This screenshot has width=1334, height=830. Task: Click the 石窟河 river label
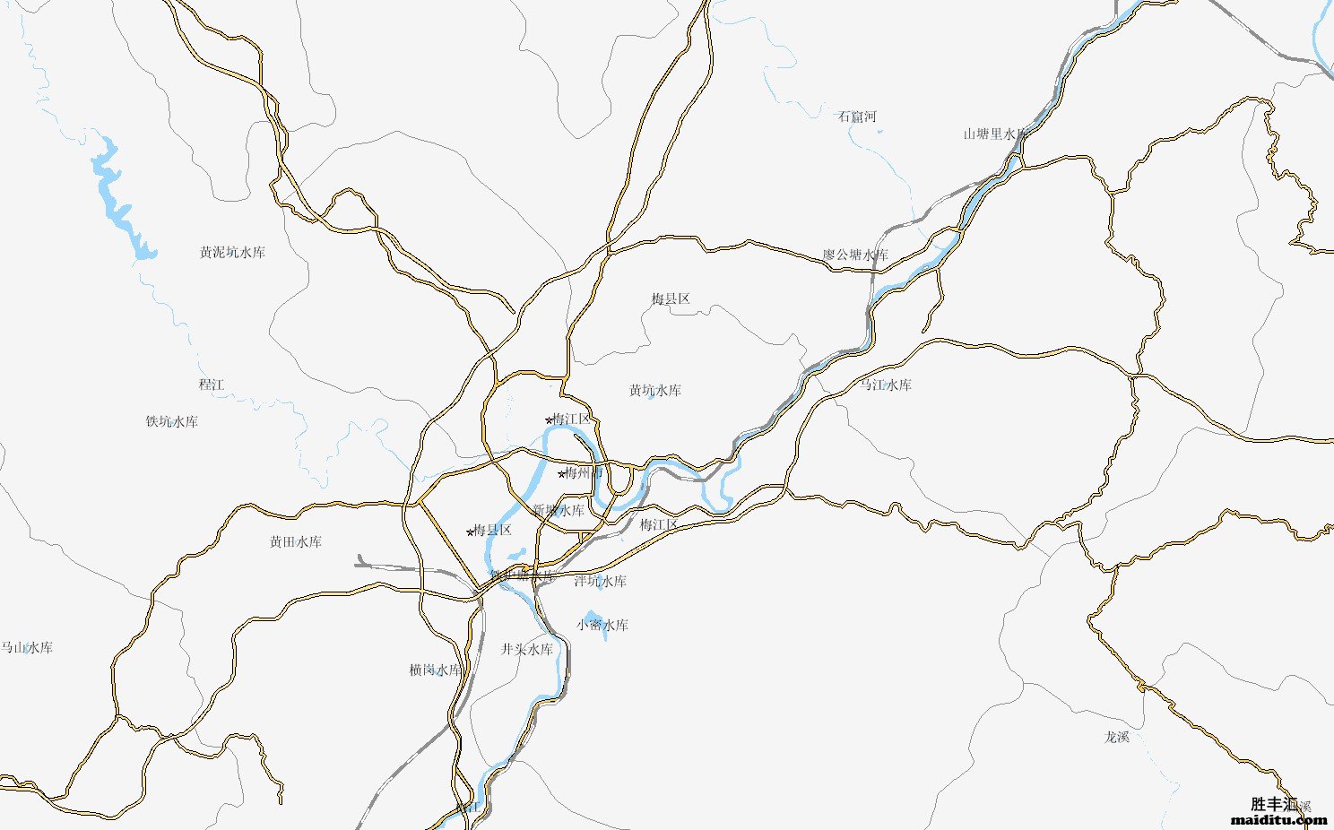pyautogui.click(x=857, y=117)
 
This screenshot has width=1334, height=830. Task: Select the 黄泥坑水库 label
pyautogui.click(x=232, y=253)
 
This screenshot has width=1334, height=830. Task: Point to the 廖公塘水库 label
pyautogui.click(x=856, y=255)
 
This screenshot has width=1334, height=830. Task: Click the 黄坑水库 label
pyautogui.click(x=655, y=391)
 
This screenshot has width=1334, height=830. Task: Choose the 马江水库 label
pyautogui.click(x=886, y=385)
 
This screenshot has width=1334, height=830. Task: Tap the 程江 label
pyautogui.click(x=212, y=385)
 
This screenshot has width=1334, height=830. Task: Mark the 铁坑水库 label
pyautogui.click(x=172, y=421)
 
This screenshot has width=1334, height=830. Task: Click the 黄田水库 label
pyautogui.click(x=296, y=542)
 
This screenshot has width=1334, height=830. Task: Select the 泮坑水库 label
pyautogui.click(x=601, y=582)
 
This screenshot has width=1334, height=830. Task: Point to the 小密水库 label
pyautogui.click(x=602, y=626)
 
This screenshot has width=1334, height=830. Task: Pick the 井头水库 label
pyautogui.click(x=527, y=650)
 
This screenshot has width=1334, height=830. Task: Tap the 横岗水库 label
pyautogui.click(x=436, y=670)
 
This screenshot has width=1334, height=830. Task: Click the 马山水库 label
pyautogui.click(x=27, y=648)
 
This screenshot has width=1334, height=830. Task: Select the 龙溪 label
pyautogui.click(x=1117, y=738)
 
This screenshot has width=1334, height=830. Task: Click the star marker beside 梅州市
pyautogui.click(x=562, y=474)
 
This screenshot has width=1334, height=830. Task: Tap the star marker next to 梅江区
pyautogui.click(x=549, y=419)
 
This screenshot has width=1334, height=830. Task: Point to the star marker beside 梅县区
pyautogui.click(x=470, y=532)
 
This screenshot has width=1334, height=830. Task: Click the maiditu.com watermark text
pyautogui.click(x=1279, y=819)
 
